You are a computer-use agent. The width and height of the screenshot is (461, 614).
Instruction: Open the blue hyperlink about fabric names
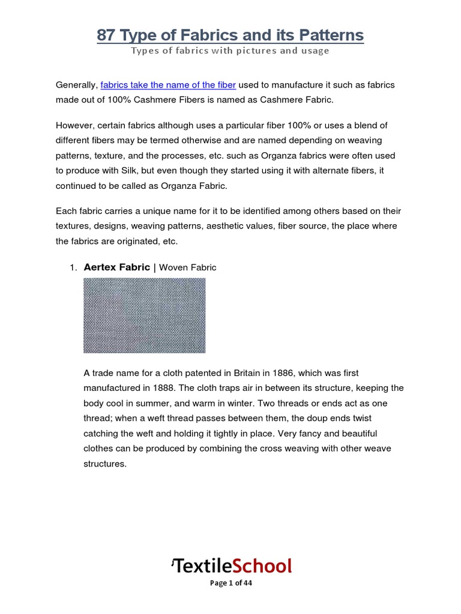(168, 85)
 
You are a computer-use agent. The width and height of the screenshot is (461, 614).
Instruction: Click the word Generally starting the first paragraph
(76, 85)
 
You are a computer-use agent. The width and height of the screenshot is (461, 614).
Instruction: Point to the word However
(74, 125)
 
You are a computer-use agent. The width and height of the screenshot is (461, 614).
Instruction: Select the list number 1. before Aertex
(74, 268)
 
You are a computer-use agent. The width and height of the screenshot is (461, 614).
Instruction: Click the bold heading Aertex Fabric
(117, 267)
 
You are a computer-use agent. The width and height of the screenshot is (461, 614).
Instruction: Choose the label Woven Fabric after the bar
(187, 268)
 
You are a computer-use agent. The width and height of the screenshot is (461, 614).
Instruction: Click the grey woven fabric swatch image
(144, 315)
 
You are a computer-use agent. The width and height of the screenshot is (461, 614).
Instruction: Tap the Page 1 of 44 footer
(230, 583)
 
